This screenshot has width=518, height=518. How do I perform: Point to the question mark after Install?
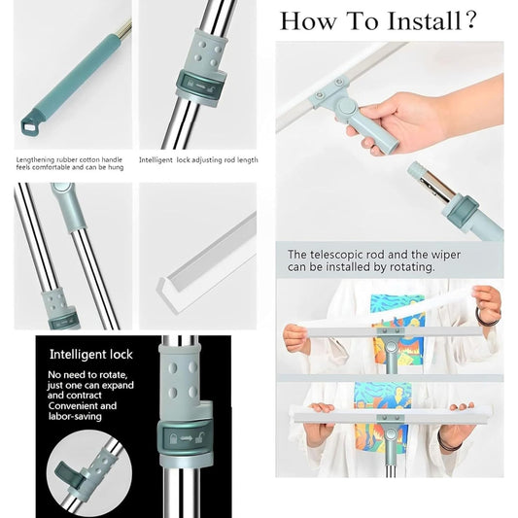(x=471, y=20)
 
